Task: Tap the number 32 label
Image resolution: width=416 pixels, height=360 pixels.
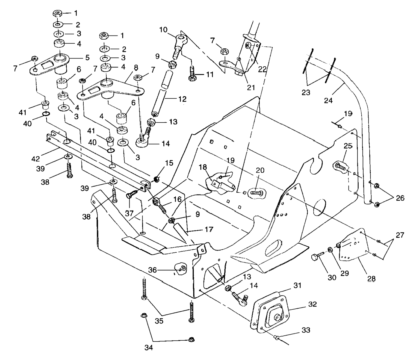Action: tap(312, 304)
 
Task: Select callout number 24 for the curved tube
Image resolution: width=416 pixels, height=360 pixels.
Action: tap(328, 100)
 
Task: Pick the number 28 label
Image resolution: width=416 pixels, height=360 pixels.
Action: tap(371, 279)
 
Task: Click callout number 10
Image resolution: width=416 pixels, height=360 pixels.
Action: tap(163, 29)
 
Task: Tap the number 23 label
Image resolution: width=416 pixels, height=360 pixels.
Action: tap(306, 92)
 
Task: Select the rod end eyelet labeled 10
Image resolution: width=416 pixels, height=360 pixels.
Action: tap(181, 39)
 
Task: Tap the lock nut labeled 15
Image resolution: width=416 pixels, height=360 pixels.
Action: tap(157, 179)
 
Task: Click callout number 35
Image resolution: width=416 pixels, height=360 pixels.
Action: tap(159, 321)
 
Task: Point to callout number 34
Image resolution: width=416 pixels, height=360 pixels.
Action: tap(149, 347)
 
